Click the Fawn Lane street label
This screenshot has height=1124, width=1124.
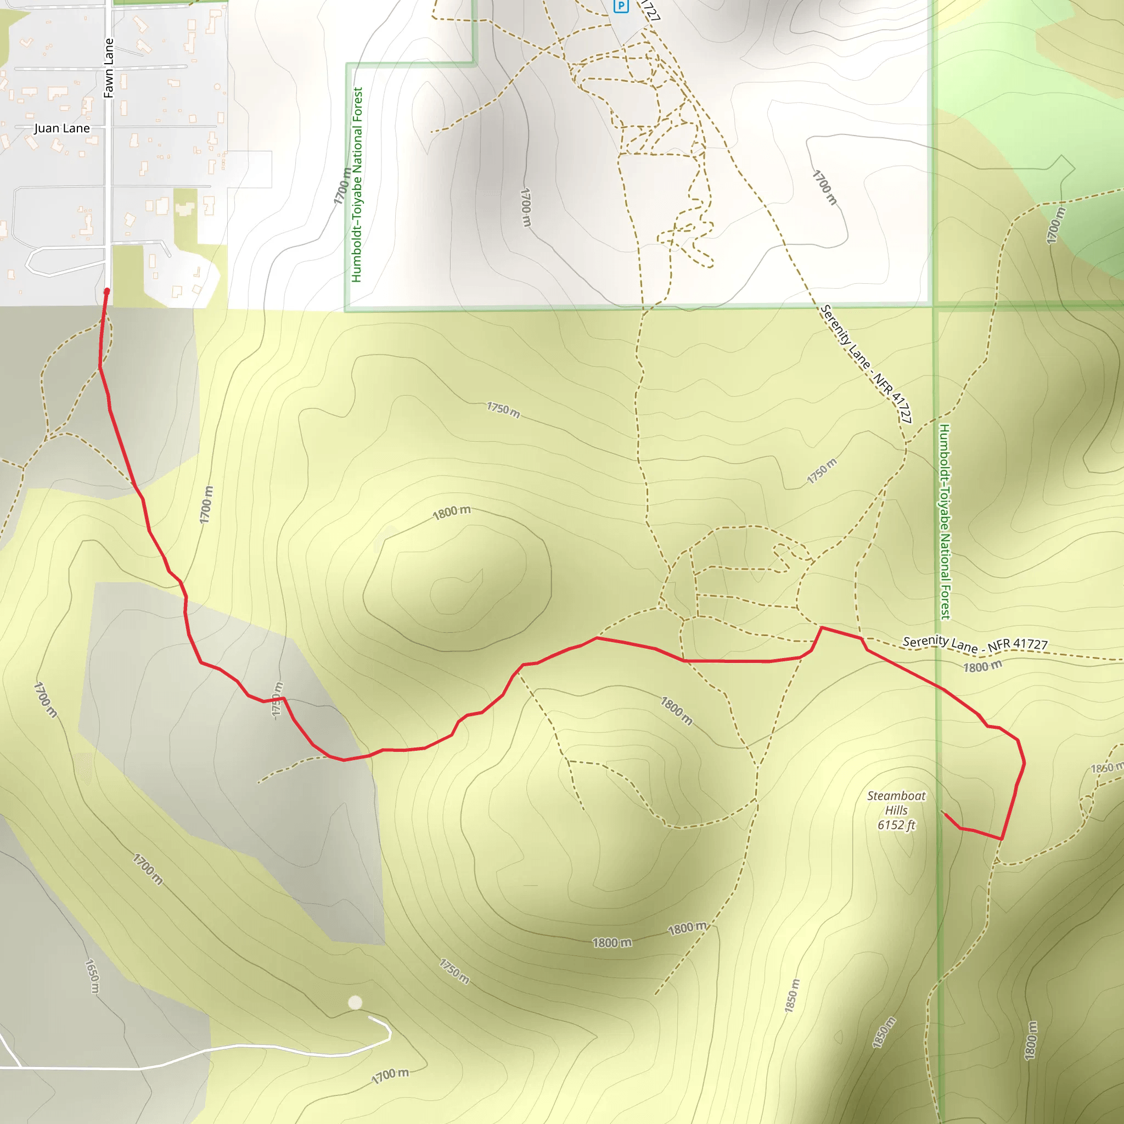point(109,68)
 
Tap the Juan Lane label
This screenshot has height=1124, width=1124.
point(61,128)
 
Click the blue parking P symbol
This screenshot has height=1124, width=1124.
point(621,7)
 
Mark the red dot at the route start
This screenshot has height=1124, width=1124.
point(106,291)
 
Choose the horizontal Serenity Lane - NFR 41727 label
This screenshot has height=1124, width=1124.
point(975,643)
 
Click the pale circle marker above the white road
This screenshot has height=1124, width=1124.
point(355,1002)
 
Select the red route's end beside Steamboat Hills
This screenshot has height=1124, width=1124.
point(942,813)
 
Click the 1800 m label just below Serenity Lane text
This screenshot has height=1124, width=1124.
point(982,666)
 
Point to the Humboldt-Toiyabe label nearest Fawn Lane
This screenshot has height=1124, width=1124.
point(357,184)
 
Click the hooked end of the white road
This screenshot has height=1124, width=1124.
point(389,1032)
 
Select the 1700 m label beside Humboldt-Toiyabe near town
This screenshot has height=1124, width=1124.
point(342,186)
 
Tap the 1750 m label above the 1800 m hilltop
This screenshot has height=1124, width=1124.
point(503,409)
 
